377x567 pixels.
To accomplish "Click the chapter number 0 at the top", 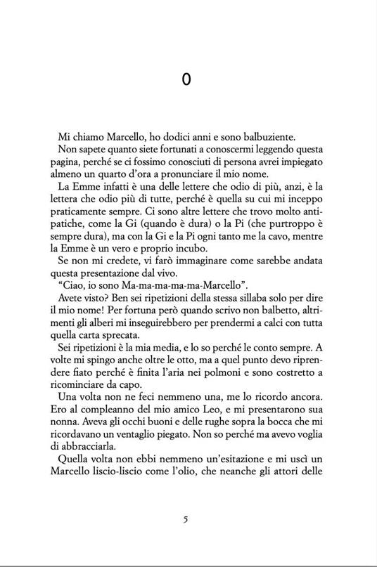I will coord(186,80).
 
